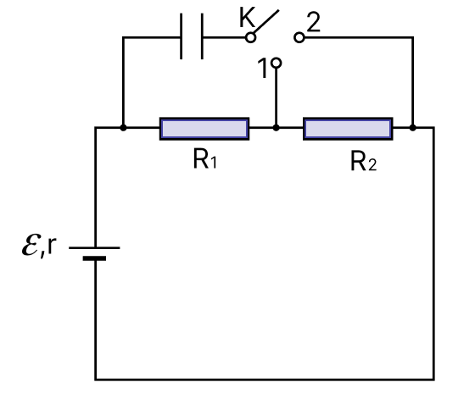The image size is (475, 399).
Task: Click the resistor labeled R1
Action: pyautogui.click(x=204, y=129)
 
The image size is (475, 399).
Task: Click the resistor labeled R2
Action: pyautogui.click(x=348, y=129)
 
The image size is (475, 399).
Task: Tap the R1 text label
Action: pyautogui.click(x=205, y=159)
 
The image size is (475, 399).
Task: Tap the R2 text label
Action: pyautogui.click(x=364, y=162)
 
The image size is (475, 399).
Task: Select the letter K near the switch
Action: pyautogui.click(x=247, y=18)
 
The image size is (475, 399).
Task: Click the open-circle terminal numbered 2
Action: pyautogui.click(x=299, y=37)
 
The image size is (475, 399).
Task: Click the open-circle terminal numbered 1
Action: pyautogui.click(x=276, y=64)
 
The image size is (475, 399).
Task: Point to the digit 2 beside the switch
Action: pyautogui.click(x=314, y=22)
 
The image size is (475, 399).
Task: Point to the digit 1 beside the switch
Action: pyautogui.click(x=263, y=68)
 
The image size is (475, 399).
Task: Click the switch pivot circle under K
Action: pyautogui.click(x=250, y=37)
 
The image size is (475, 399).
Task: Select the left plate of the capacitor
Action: pyautogui.click(x=182, y=36)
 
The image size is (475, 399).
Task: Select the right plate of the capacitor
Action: pyautogui.click(x=202, y=36)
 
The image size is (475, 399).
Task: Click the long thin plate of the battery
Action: pyautogui.click(x=94, y=247)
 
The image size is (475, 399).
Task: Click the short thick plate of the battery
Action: pyautogui.click(x=94, y=258)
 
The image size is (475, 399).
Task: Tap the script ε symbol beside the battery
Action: pyautogui.click(x=31, y=245)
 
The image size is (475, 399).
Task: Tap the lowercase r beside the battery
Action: pyautogui.click(x=52, y=245)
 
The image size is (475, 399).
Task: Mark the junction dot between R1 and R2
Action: pyautogui.click(x=276, y=128)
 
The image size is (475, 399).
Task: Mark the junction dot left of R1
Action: pyautogui.click(x=123, y=128)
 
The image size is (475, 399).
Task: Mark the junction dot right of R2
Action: pyautogui.click(x=412, y=128)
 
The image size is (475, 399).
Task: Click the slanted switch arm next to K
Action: pyautogui.click(x=266, y=22)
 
